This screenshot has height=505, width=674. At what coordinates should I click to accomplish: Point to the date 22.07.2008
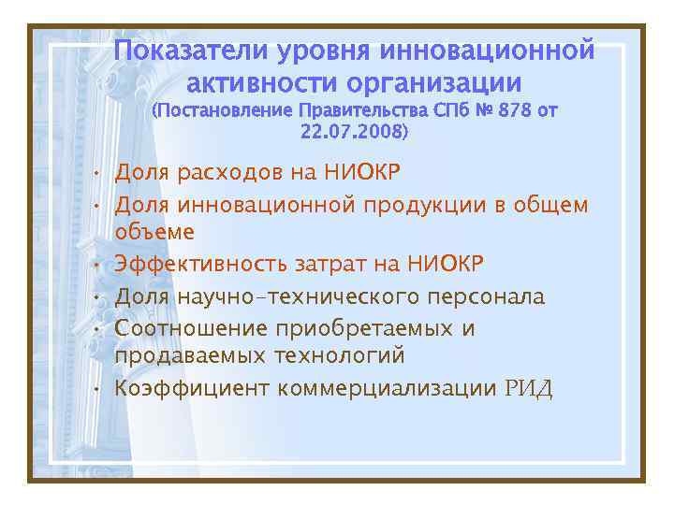tap(353, 133)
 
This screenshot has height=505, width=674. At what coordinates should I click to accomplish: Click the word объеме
tap(155, 231)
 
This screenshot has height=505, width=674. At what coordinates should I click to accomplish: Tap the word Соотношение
tap(191, 329)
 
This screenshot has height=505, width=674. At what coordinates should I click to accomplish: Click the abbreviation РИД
tap(529, 388)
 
